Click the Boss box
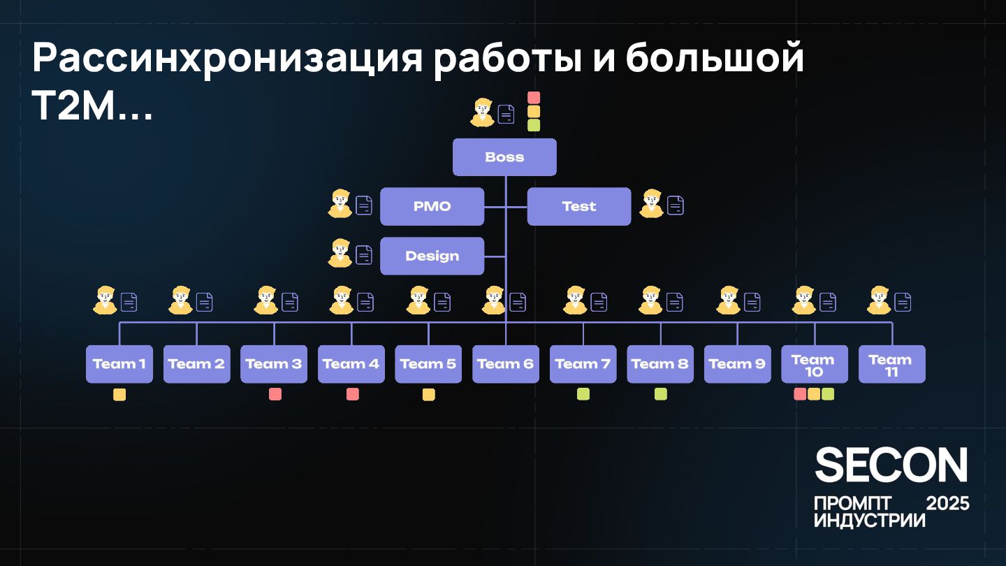504,157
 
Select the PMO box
432,207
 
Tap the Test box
578,207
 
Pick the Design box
432,256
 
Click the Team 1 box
119,364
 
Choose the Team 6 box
505,364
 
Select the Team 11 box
891,364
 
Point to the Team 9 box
737,364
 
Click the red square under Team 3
275,394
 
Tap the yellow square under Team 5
429,394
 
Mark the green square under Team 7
583,394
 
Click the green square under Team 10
828,394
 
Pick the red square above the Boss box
534,98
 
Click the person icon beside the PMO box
340,204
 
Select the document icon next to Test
676,205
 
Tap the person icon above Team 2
180,300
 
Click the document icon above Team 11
903,302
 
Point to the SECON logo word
891,465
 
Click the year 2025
947,503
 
